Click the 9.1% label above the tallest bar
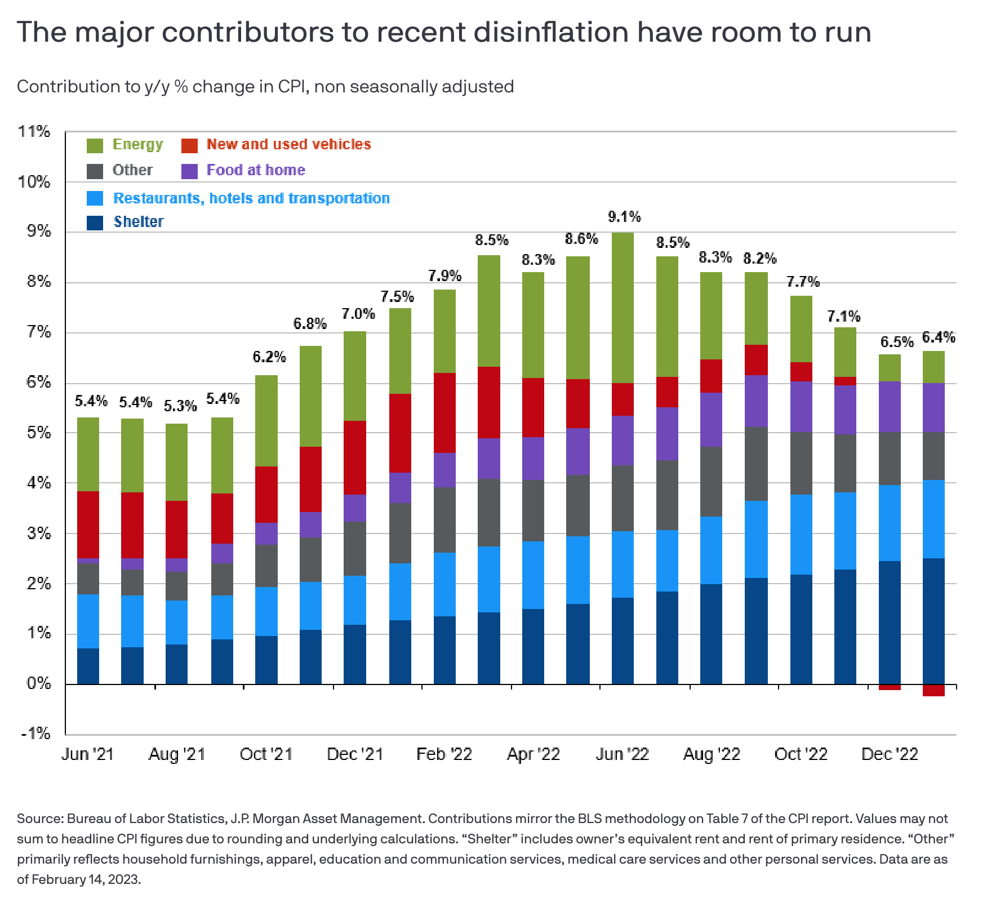coord(624,217)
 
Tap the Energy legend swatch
coord(95,145)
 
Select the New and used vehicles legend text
coord(288,145)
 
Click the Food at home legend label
coord(256,170)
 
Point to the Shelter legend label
coord(139,222)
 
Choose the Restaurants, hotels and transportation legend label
coord(251,198)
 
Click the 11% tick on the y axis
coord(34,132)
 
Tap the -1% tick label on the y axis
coord(35,733)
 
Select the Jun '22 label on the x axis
coord(622,754)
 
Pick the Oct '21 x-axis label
coord(266,754)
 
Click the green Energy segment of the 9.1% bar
coord(623,307)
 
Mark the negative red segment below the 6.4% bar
coord(933,691)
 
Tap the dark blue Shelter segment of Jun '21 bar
coord(88,666)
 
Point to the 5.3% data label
coord(180,406)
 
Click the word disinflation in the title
coord(550,32)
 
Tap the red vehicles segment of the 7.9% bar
coord(444,412)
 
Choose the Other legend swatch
coord(95,171)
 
